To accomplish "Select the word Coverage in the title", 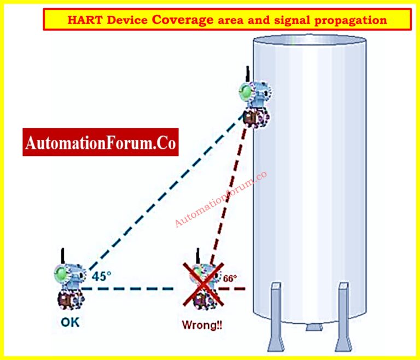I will click(x=183, y=20).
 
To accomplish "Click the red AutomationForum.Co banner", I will click(x=101, y=143).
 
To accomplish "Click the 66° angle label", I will click(x=229, y=278).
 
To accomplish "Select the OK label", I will click(x=69, y=322).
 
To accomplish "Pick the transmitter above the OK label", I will click(x=68, y=284).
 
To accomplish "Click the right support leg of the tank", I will click(x=343, y=315).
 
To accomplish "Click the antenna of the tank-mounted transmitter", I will click(x=248, y=74).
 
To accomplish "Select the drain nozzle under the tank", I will click(x=312, y=327).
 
